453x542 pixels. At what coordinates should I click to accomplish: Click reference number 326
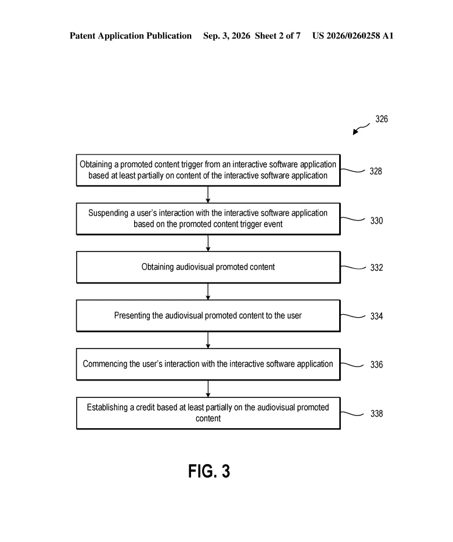[382, 119]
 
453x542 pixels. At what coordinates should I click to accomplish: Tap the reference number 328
[376, 171]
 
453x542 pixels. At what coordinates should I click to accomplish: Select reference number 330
[376, 221]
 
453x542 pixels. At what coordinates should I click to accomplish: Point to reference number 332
[376, 268]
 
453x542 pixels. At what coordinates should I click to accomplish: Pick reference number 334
[376, 316]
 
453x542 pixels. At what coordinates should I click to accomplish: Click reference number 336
[376, 364]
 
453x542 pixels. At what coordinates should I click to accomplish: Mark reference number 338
[376, 414]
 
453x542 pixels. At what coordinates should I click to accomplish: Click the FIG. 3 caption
[209, 471]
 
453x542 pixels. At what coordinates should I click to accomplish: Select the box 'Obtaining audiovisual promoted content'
[208, 267]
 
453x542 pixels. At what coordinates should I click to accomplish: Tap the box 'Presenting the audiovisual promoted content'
[208, 315]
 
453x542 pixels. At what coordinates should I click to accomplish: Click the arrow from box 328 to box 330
[208, 195]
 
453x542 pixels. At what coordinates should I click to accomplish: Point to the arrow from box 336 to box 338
[208, 389]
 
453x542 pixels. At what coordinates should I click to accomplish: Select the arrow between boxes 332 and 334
[208, 292]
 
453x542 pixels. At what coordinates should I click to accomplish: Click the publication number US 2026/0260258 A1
[353, 35]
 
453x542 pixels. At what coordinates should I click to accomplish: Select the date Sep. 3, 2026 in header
[227, 36]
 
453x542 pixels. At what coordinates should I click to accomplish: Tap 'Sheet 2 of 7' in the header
[278, 35]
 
